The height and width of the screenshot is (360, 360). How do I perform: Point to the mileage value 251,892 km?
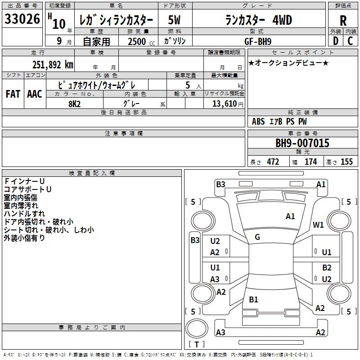(x=52, y=64)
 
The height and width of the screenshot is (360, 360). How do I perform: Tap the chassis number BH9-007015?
(x=302, y=144)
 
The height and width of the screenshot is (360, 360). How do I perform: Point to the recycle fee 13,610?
(x=224, y=103)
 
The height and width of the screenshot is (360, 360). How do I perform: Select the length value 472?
(x=273, y=162)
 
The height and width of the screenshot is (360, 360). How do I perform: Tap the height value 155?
(x=346, y=162)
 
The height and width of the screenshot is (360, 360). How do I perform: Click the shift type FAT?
(x=13, y=94)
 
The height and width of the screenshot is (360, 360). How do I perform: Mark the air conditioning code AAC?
(x=34, y=94)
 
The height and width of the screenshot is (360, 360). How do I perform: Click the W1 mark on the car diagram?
(x=319, y=225)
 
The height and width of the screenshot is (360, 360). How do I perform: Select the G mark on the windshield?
(x=257, y=237)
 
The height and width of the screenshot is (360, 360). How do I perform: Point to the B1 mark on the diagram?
(x=254, y=299)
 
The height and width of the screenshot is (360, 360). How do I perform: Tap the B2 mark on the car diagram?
(x=327, y=267)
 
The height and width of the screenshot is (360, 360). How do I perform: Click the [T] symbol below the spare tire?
(x=197, y=345)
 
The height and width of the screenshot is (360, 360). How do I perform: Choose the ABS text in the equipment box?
(x=258, y=121)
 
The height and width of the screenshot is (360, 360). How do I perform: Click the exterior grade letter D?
(x=335, y=41)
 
